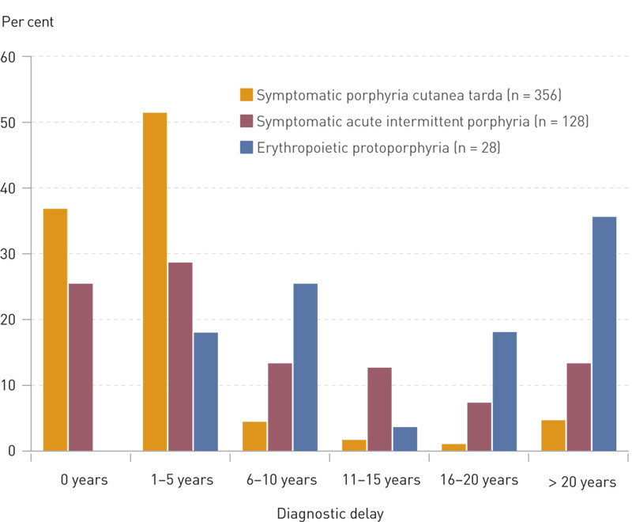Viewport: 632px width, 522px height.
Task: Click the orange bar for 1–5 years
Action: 154,282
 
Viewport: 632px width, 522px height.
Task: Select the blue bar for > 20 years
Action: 604,334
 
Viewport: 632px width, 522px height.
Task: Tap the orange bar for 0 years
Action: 55,330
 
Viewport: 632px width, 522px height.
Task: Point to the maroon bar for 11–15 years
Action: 379,409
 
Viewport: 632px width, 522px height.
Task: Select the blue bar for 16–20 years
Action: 504,391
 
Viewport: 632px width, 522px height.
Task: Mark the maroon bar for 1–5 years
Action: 179,357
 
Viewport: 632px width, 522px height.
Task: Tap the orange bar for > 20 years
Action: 553,435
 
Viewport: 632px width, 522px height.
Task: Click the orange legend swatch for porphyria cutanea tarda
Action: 246,96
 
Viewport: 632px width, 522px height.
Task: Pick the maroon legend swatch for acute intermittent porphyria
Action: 246,121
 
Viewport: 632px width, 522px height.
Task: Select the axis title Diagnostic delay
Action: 329,514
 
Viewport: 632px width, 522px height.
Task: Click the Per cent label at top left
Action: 27,22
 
